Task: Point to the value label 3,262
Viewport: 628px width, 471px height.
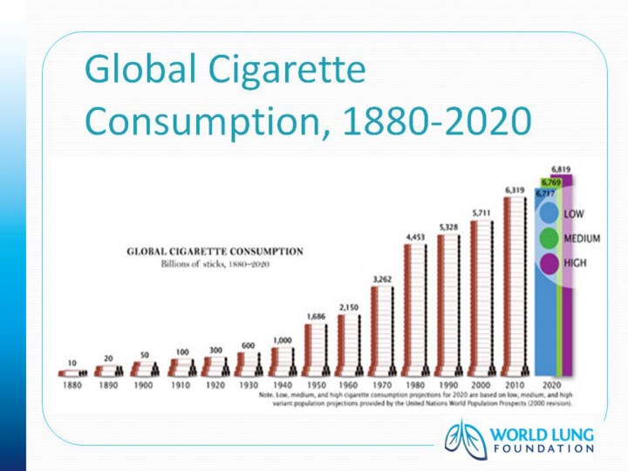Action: coord(381,279)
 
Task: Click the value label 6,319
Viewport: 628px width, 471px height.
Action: coord(515,189)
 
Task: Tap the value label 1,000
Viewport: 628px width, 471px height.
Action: coord(283,340)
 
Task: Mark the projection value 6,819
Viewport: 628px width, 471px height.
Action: coord(562,168)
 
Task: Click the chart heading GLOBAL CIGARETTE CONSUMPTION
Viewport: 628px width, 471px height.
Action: coord(215,251)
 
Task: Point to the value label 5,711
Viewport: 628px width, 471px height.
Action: coord(481,212)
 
